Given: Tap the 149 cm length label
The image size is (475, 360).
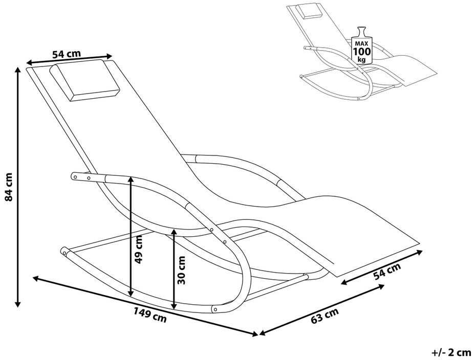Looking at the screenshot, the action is [x=152, y=315].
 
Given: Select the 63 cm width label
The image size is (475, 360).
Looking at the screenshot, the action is [x=325, y=318].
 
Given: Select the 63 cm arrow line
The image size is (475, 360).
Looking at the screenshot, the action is [x=322, y=310].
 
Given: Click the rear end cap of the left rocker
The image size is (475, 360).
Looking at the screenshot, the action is [x=64, y=252].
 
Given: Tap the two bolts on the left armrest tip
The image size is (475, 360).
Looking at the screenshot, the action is [x=82, y=177].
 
